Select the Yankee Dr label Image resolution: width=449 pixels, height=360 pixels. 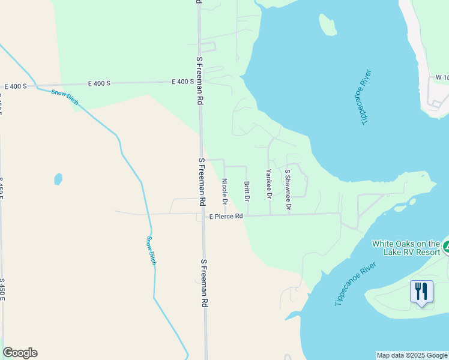pyautogui.click(x=269, y=184)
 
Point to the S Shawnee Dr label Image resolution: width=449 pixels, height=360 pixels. pyautogui.click(x=288, y=190)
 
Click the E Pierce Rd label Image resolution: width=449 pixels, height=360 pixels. pyautogui.click(x=226, y=216)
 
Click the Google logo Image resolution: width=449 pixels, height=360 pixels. pyautogui.click(x=20, y=353)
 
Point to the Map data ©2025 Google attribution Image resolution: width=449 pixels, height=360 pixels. pyautogui.click(x=412, y=355)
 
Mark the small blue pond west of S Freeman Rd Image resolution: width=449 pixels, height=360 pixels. pyautogui.click(x=58, y=178)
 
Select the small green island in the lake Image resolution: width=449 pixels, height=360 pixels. pyautogui.click(x=328, y=25)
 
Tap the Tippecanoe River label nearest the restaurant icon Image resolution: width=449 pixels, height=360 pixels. pyautogui.click(x=355, y=284)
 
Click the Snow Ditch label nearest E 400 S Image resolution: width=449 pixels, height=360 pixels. pyautogui.click(x=64, y=97)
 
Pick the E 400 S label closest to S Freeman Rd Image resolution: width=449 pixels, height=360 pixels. pyautogui.click(x=182, y=82)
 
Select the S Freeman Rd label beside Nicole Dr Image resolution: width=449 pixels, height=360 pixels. pyautogui.click(x=202, y=182)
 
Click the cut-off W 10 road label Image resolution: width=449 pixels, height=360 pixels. pyautogui.click(x=442, y=78)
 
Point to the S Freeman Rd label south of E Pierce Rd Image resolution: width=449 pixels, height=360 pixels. pyautogui.click(x=204, y=283)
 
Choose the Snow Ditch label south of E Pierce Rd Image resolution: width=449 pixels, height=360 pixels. pyautogui.click(x=152, y=251)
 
